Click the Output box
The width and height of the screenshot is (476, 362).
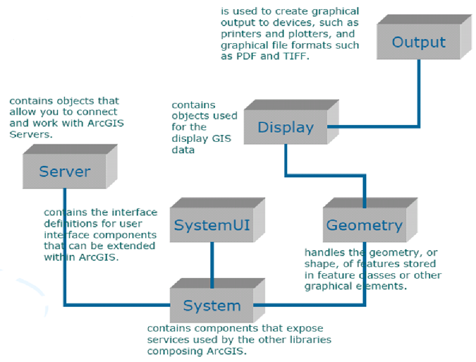click(x=418, y=42)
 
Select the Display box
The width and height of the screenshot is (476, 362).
click(x=285, y=128)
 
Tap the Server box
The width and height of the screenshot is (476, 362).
click(x=65, y=171)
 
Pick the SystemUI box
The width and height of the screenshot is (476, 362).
click(x=211, y=225)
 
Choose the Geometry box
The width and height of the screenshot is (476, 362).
click(x=364, y=225)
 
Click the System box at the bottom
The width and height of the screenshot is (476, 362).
click(x=211, y=305)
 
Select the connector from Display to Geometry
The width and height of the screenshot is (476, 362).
click(x=326, y=176)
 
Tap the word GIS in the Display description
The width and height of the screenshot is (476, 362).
click(x=221, y=139)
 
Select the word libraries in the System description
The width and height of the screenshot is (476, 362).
click(x=307, y=339)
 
